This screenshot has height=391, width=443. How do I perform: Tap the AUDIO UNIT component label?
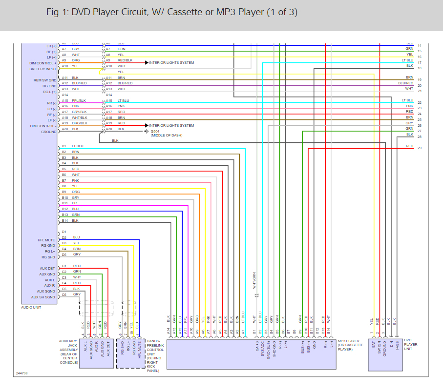click(x=32, y=307)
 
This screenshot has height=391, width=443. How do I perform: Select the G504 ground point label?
click(x=156, y=131)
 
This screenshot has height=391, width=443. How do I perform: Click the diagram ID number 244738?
click(x=21, y=373)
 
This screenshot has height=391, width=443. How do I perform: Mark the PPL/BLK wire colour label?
click(x=79, y=100)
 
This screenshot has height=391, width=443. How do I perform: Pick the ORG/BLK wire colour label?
click(x=79, y=123)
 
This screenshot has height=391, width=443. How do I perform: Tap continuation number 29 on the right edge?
click(x=420, y=148)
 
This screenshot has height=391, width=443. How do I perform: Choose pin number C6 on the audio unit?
click(x=64, y=294)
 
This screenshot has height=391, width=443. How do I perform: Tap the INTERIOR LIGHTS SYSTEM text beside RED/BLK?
click(x=171, y=63)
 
